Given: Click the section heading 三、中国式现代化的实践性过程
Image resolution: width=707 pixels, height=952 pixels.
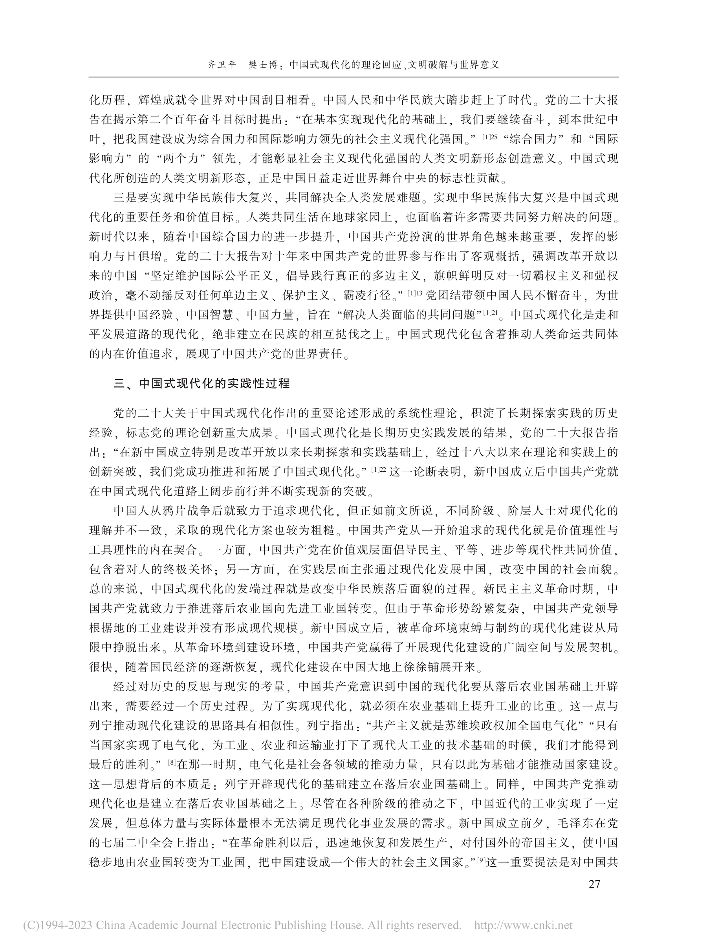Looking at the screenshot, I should (201, 383).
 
